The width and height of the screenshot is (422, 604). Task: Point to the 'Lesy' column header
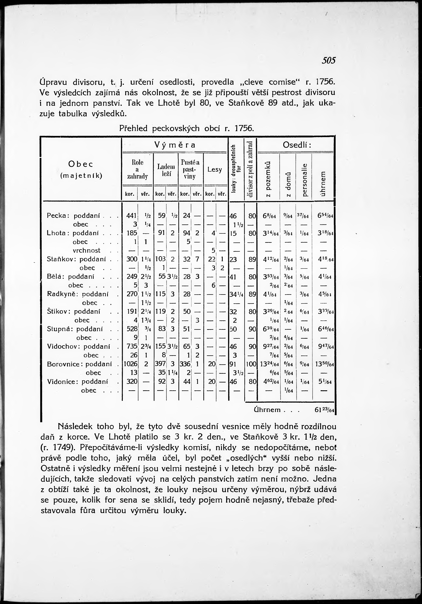click(x=215, y=170)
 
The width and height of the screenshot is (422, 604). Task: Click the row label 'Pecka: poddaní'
click(x=73, y=216)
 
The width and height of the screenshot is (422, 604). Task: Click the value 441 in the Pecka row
click(x=131, y=216)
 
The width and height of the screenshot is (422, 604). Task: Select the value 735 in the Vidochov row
click(x=132, y=346)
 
